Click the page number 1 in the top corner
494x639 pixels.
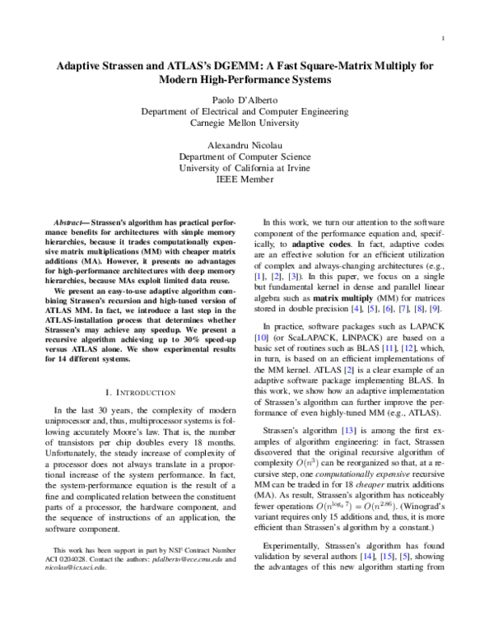coord(444,38)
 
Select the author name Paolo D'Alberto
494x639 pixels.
coord(247,97)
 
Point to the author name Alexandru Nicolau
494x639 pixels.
coord(247,144)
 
